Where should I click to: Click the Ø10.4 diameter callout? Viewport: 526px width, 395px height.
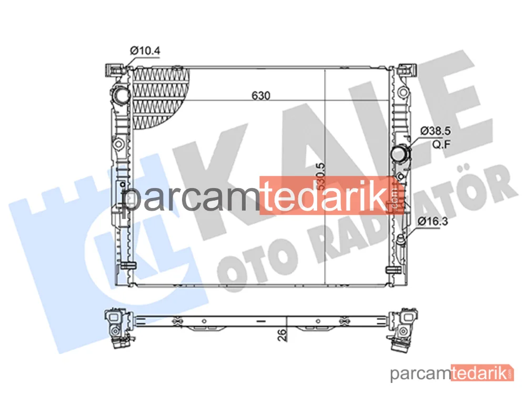[x=145, y=51]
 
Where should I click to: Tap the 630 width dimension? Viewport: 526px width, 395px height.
[x=261, y=96]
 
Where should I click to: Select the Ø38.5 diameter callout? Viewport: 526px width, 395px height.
[x=435, y=131]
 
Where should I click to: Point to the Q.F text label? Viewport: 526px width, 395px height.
[x=441, y=145]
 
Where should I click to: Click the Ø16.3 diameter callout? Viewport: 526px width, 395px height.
[x=433, y=221]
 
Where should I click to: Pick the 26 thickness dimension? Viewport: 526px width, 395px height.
[x=282, y=335]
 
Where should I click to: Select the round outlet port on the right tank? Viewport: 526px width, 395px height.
[x=400, y=155]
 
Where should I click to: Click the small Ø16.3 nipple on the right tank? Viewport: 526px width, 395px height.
[x=400, y=241]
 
